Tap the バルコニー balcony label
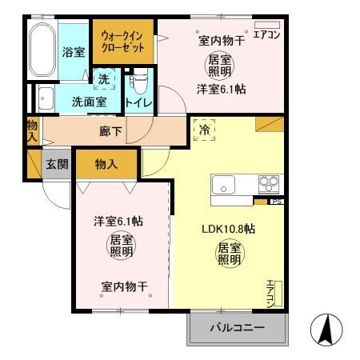click(237, 328)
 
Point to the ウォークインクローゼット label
click(123, 42)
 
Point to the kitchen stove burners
click(270, 183)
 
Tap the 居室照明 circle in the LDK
click(228, 254)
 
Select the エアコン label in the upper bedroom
click(266, 34)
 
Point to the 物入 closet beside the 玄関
click(106, 164)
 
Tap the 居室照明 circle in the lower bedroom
click(122, 246)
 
